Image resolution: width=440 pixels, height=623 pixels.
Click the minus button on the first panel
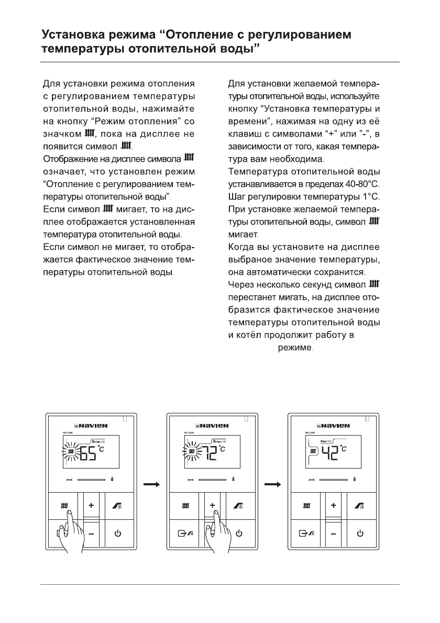[91, 534]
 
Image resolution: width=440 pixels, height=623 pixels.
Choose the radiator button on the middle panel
[186, 506]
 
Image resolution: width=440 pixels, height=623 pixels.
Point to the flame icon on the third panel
[357, 479]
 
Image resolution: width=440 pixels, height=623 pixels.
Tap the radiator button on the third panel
[306, 506]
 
